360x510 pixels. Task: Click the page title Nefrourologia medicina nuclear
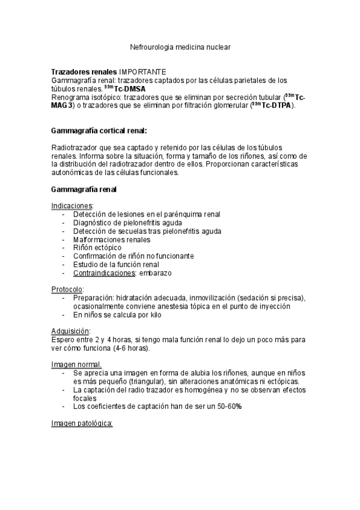click(180, 46)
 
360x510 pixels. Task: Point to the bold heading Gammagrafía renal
click(84, 189)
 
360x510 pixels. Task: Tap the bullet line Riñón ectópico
click(97, 248)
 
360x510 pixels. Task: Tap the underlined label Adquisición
click(70, 331)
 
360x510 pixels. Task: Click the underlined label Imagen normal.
click(76, 364)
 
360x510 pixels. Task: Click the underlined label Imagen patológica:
click(82, 423)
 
